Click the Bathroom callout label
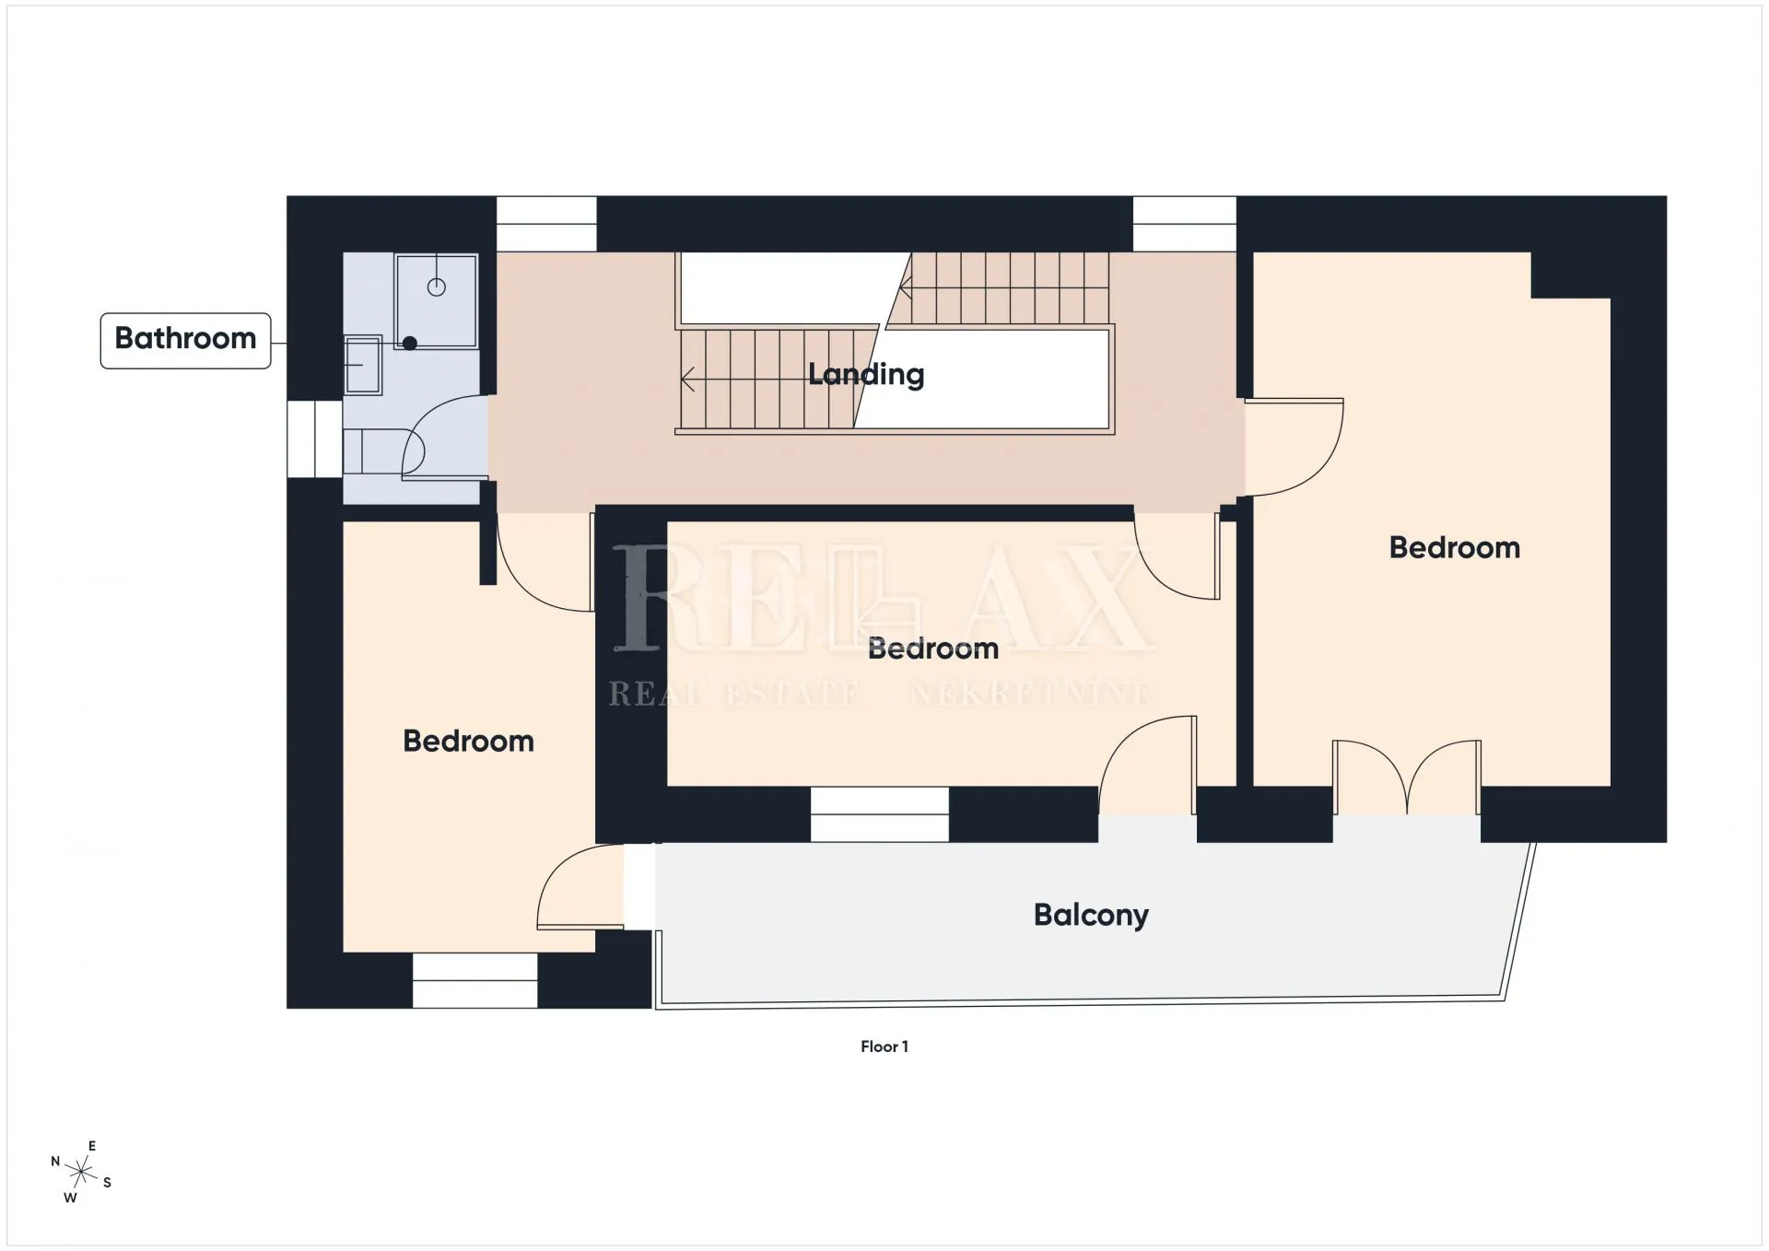[185, 340]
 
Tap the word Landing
[866, 374]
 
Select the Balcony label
[1091, 915]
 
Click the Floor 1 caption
[884, 1046]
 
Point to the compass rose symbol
[82, 1173]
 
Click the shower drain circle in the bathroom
[437, 287]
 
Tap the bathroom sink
[363, 365]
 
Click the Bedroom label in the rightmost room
[1455, 548]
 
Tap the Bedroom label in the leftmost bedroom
[468, 742]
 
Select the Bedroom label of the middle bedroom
[933, 649]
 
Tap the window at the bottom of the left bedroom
[474, 981]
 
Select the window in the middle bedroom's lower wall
[880, 814]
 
